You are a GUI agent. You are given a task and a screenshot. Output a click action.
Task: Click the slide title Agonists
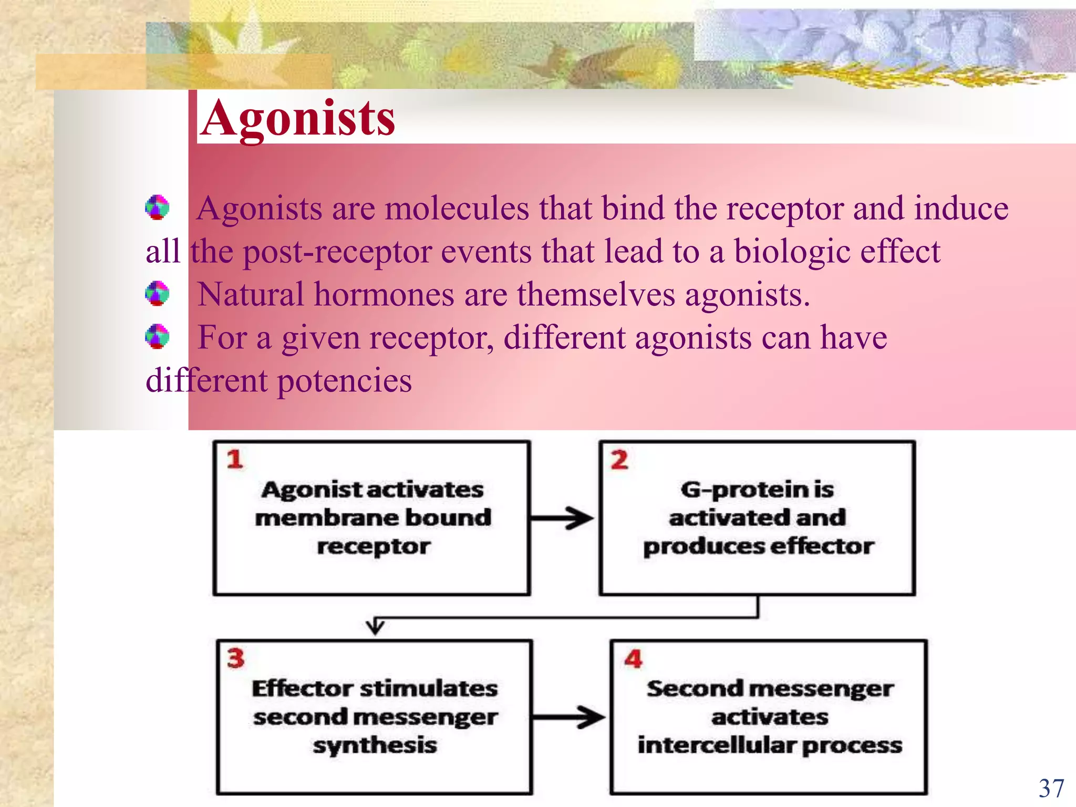[297, 119]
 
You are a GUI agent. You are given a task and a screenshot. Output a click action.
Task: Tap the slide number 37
[1051, 789]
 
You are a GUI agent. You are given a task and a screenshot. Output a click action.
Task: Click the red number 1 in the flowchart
[235, 460]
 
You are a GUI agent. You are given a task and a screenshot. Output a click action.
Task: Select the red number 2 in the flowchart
[619, 460]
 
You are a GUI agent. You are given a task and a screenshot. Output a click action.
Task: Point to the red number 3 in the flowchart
[236, 658]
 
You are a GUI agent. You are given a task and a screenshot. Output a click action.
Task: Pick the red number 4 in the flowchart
[633, 659]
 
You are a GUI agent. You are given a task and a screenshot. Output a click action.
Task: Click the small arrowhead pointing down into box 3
[375, 627]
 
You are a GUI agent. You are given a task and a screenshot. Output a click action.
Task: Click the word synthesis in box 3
[375, 746]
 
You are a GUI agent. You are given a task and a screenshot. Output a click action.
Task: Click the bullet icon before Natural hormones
[157, 294]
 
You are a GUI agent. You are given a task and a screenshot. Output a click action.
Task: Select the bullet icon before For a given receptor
[157, 337]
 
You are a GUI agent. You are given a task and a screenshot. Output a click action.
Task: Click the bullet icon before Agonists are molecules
[157, 208]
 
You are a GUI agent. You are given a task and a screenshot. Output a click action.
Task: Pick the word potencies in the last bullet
[344, 381]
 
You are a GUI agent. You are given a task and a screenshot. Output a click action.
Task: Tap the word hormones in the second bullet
[384, 295]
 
